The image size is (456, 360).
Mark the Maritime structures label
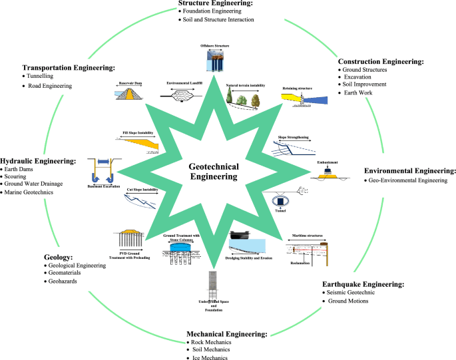click(x=305, y=237)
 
